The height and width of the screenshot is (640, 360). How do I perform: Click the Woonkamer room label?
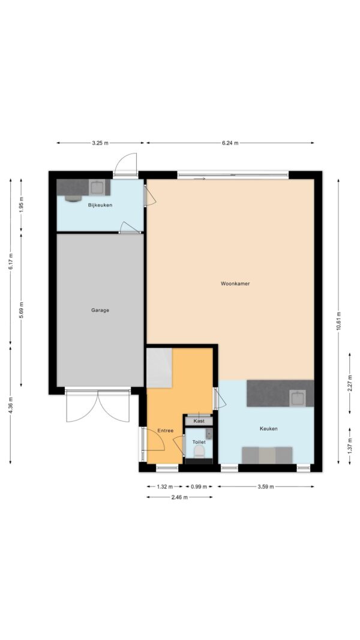click(235, 284)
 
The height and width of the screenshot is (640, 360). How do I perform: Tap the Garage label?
click(100, 310)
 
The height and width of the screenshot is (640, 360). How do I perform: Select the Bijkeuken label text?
click(100, 205)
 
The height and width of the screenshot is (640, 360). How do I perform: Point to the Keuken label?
click(269, 429)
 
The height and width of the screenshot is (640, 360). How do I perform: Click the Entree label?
click(166, 431)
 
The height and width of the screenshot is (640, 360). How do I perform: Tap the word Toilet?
click(199, 442)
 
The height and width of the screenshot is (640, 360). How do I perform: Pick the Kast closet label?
click(199, 421)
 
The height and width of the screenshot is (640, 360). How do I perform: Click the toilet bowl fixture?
click(199, 450)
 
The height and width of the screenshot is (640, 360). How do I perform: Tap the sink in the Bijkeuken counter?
click(97, 187)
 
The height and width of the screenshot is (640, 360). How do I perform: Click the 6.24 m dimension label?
click(230, 143)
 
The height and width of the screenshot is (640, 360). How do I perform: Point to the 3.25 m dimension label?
click(100, 143)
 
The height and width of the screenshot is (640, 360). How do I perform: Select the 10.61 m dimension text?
click(338, 322)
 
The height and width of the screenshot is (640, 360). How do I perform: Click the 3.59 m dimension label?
click(265, 486)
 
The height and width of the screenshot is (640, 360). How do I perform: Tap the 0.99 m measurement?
click(199, 486)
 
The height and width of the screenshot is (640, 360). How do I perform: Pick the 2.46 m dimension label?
click(179, 497)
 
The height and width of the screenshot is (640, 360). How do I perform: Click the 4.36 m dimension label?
click(11, 405)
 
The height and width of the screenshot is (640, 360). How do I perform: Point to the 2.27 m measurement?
click(350, 384)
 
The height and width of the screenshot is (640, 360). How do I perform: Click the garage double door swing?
click(98, 407)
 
